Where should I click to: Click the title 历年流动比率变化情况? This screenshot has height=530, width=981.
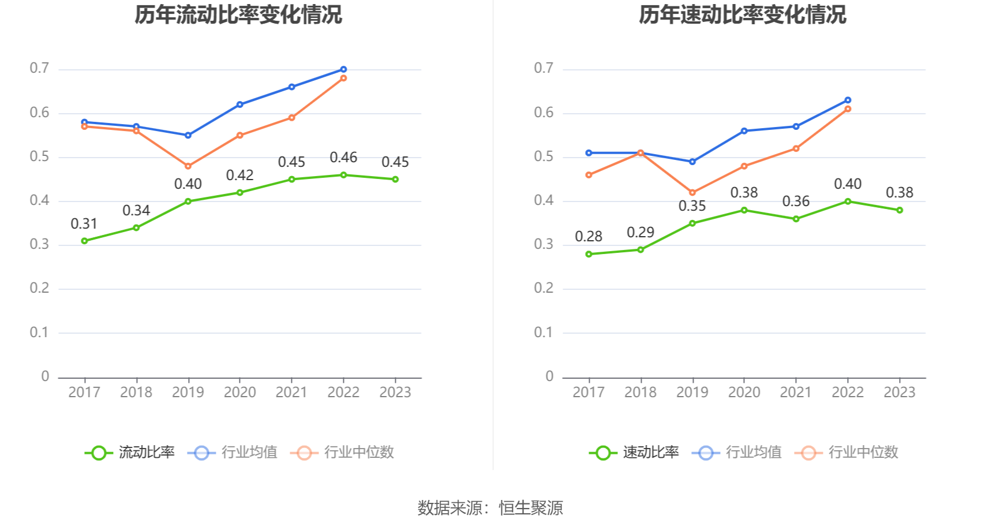(238, 14)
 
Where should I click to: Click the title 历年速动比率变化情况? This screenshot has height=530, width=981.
(742, 14)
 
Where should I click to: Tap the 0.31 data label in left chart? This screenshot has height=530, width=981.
(84, 223)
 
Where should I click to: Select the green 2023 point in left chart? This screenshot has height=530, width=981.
(395, 180)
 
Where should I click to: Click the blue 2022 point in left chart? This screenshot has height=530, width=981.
(343, 69)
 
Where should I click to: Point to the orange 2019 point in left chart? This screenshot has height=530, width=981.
(188, 166)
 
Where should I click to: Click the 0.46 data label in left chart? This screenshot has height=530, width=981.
(343, 158)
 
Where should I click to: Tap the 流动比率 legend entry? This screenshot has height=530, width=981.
(130, 452)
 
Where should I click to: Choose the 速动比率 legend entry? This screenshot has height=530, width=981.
(635, 452)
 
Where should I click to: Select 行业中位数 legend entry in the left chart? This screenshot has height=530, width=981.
(343, 452)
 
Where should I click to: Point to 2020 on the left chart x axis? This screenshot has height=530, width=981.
(239, 392)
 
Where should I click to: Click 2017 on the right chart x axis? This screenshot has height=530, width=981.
(588, 392)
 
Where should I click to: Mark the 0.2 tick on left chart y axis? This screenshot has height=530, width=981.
(39, 288)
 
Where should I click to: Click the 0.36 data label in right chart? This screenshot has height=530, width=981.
(796, 201)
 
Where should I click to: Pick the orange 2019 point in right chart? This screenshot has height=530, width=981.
(692, 193)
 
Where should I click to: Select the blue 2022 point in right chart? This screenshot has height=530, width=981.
(848, 100)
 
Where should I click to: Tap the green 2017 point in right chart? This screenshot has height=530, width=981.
(589, 254)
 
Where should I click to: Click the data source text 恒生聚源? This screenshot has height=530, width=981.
(531, 508)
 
